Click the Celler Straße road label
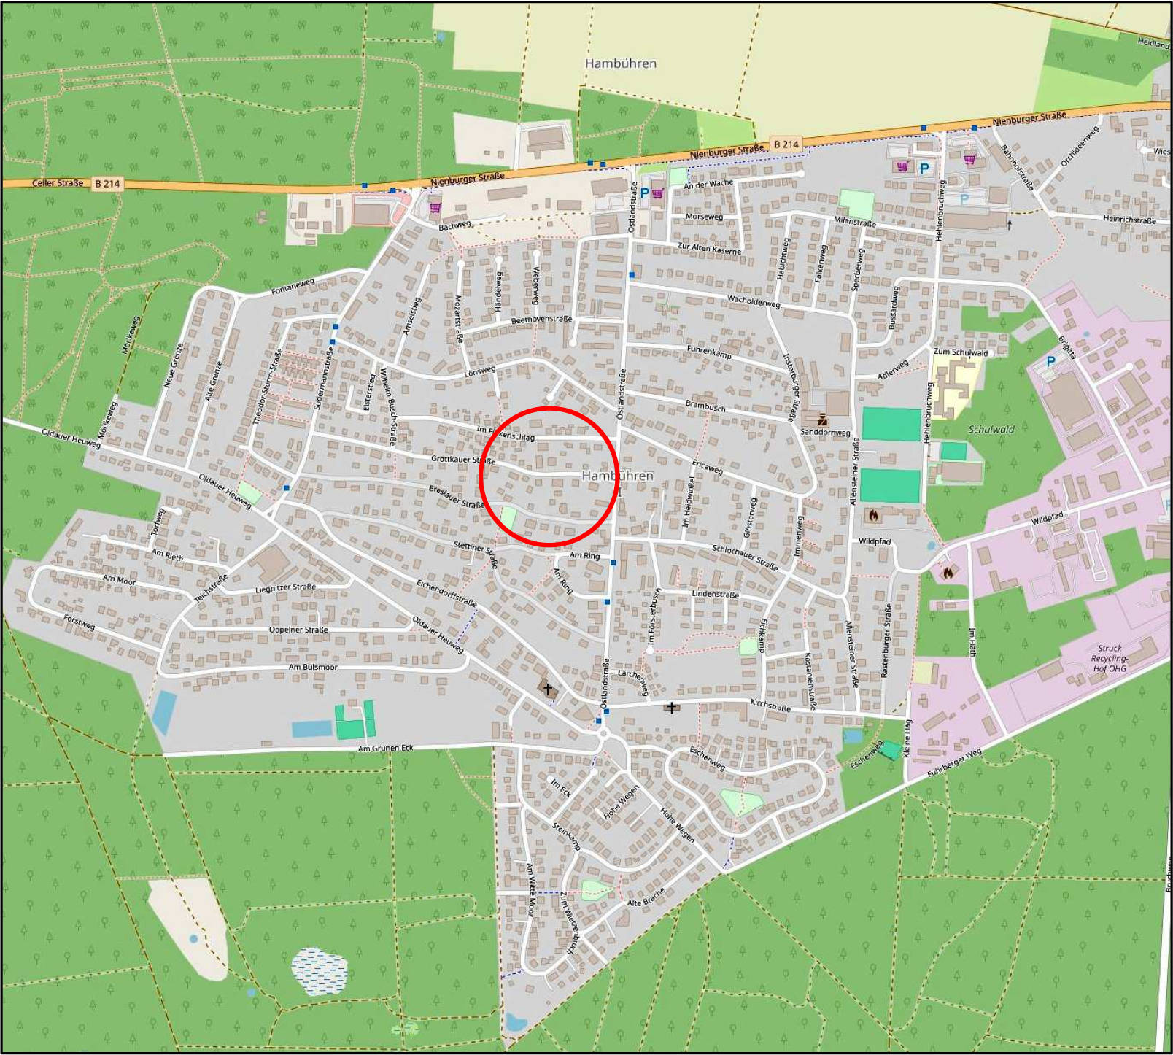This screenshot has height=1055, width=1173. (x=58, y=182)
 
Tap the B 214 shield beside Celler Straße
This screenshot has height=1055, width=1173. (x=107, y=184)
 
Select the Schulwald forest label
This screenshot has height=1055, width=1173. (x=991, y=430)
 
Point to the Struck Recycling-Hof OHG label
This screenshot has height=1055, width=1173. (x=1109, y=658)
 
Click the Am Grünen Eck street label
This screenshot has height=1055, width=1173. (x=385, y=748)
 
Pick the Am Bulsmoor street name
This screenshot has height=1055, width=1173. (x=313, y=667)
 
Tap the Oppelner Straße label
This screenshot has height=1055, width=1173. (x=298, y=630)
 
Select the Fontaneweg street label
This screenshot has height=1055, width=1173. (x=293, y=287)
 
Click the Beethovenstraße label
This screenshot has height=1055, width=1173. (x=541, y=320)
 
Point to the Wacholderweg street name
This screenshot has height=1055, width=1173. (x=753, y=301)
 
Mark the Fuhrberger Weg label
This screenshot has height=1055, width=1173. (x=954, y=763)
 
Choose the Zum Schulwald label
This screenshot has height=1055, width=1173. (x=960, y=352)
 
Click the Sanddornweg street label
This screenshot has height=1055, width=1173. (x=825, y=432)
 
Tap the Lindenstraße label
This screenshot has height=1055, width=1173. (x=715, y=594)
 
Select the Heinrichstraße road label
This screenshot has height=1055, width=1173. (x=1129, y=219)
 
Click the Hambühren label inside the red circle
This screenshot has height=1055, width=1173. (x=617, y=476)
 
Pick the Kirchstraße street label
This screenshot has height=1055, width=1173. (x=770, y=706)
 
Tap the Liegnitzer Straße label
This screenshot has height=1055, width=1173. (x=285, y=587)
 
